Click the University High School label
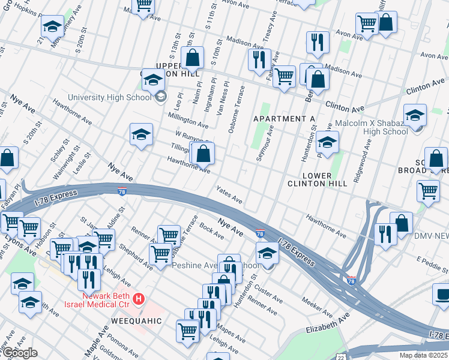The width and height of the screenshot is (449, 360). click(x=109, y=97)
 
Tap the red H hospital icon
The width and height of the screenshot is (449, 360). click(x=139, y=298)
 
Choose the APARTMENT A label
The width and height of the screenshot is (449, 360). click(x=284, y=119)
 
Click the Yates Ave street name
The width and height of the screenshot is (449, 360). click(x=229, y=194)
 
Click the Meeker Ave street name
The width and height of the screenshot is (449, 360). click(x=317, y=308)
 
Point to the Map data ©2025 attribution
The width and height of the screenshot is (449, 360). click(x=423, y=355)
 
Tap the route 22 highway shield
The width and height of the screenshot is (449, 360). click(x=340, y=356)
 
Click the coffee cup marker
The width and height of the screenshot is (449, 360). click(x=442, y=295)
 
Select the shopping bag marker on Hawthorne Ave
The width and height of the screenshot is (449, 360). click(x=203, y=153)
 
